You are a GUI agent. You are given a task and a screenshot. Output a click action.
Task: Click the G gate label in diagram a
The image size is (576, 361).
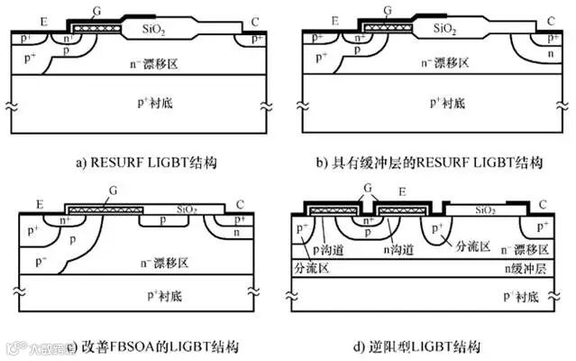96,10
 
